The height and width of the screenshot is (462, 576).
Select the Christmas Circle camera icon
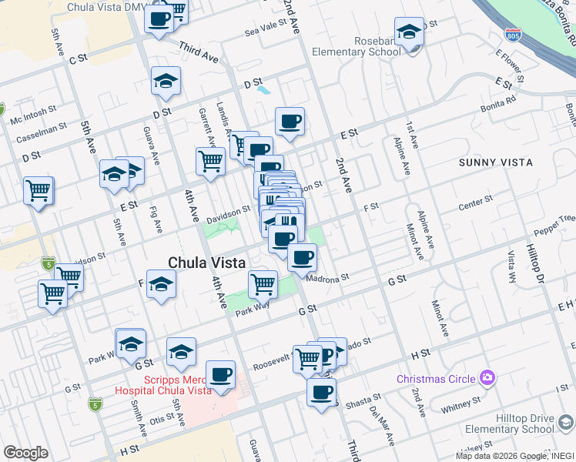487,377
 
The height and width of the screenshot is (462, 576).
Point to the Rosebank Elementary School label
356,46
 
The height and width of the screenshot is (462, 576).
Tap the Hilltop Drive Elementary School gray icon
566,423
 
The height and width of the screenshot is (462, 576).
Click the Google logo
25,453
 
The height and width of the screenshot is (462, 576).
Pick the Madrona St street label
329,277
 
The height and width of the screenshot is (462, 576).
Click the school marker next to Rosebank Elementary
410,32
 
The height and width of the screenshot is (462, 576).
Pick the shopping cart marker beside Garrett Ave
210,161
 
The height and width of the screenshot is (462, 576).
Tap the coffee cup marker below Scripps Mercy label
221,374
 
